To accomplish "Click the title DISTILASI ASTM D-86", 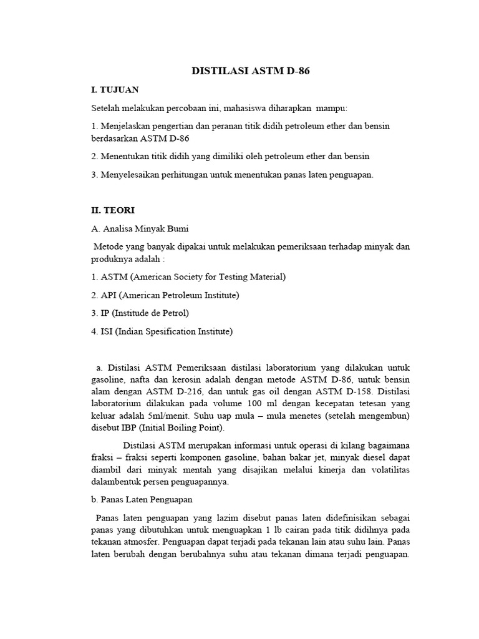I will click(x=250, y=72).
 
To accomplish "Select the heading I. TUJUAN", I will click(x=115, y=90).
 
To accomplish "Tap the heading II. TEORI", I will click(x=114, y=210).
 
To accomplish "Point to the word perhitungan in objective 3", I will click(x=179, y=175).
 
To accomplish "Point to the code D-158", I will click(x=349, y=392).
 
